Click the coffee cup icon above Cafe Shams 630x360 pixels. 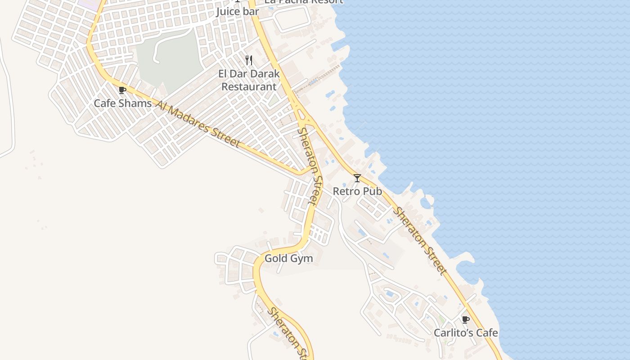pos(122,90)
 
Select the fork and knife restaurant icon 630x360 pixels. pos(249,60)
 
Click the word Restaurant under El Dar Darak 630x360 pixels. pos(249,86)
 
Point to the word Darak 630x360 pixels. pos(265,74)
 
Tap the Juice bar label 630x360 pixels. pos(238,11)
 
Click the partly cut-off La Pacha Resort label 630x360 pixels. pos(304,2)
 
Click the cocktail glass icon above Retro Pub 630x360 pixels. pos(357,178)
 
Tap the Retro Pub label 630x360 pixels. pos(357,191)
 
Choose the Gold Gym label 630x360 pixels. pos(288,258)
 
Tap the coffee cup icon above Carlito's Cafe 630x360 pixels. pos(466,320)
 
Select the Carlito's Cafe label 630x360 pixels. pos(466,333)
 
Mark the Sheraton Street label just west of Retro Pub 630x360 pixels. pos(311,166)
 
